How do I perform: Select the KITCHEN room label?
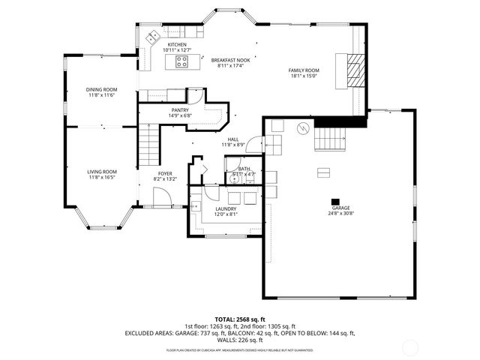177,45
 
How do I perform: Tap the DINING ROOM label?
101,90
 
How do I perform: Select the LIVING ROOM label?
102,172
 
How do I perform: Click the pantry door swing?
195,96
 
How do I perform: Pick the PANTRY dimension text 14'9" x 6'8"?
180,115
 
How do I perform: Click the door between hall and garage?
255,143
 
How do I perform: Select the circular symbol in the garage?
303,127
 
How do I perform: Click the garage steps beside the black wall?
330,138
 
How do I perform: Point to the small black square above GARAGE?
334,200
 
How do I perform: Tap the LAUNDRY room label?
226,208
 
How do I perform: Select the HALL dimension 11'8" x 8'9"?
233,145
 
